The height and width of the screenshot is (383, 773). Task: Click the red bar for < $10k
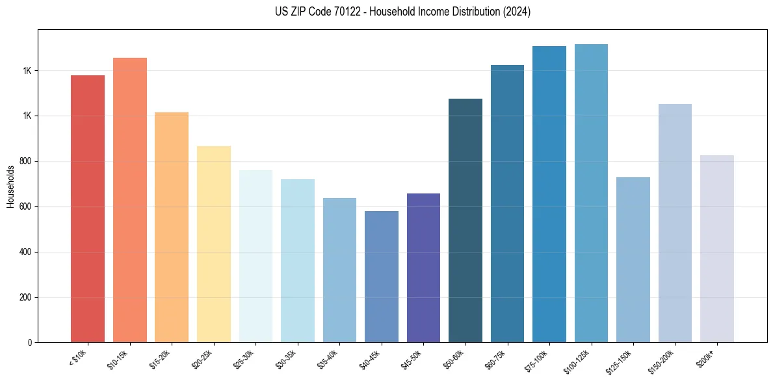tap(88, 208)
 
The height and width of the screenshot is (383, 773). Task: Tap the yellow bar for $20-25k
tap(213, 244)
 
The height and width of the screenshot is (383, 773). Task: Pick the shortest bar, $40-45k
tap(381, 277)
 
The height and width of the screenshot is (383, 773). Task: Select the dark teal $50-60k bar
tap(465, 220)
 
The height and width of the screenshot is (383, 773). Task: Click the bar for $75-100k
tap(549, 194)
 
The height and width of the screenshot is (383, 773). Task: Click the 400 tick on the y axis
tap(25, 252)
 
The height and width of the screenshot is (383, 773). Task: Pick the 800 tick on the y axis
tap(25, 161)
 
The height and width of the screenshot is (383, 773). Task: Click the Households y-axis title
tap(10, 186)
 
